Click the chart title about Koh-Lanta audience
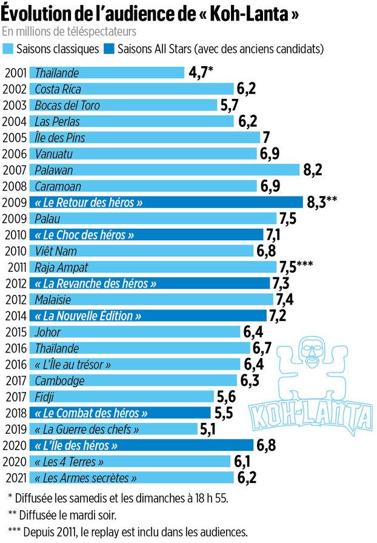point(152,13)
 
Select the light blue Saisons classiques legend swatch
point(10,49)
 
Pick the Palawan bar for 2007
point(164,170)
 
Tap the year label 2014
point(15,315)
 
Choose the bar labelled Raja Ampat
point(152,267)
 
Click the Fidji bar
point(121,397)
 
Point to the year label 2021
point(15,477)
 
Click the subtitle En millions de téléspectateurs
point(69,31)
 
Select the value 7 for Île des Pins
point(266,138)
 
